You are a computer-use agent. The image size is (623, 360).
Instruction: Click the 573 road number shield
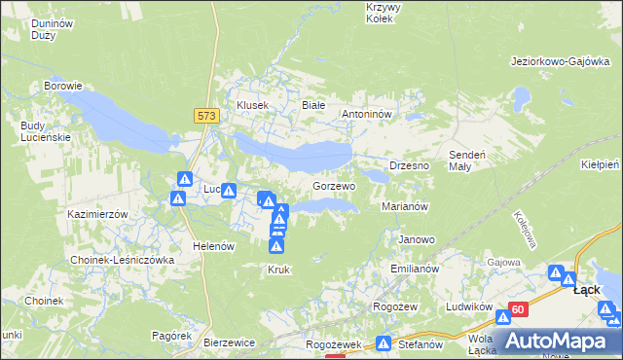[204, 116]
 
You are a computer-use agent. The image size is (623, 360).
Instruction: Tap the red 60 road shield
[517, 309]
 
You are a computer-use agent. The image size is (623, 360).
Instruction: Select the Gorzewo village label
[333, 185]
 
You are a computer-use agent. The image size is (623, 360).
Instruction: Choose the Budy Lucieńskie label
[46, 130]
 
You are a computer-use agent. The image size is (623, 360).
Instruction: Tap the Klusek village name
[252, 104]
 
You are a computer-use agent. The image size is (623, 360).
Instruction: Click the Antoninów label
[366, 114]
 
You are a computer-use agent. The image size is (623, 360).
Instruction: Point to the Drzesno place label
[409, 165]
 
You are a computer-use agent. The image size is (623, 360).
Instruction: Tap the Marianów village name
[405, 206]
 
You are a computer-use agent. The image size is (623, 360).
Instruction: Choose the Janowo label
[417, 238]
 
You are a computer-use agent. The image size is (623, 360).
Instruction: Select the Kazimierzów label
[98, 213]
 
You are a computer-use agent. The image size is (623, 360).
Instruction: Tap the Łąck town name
[586, 289]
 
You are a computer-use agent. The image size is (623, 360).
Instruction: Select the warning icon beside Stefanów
[385, 343]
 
